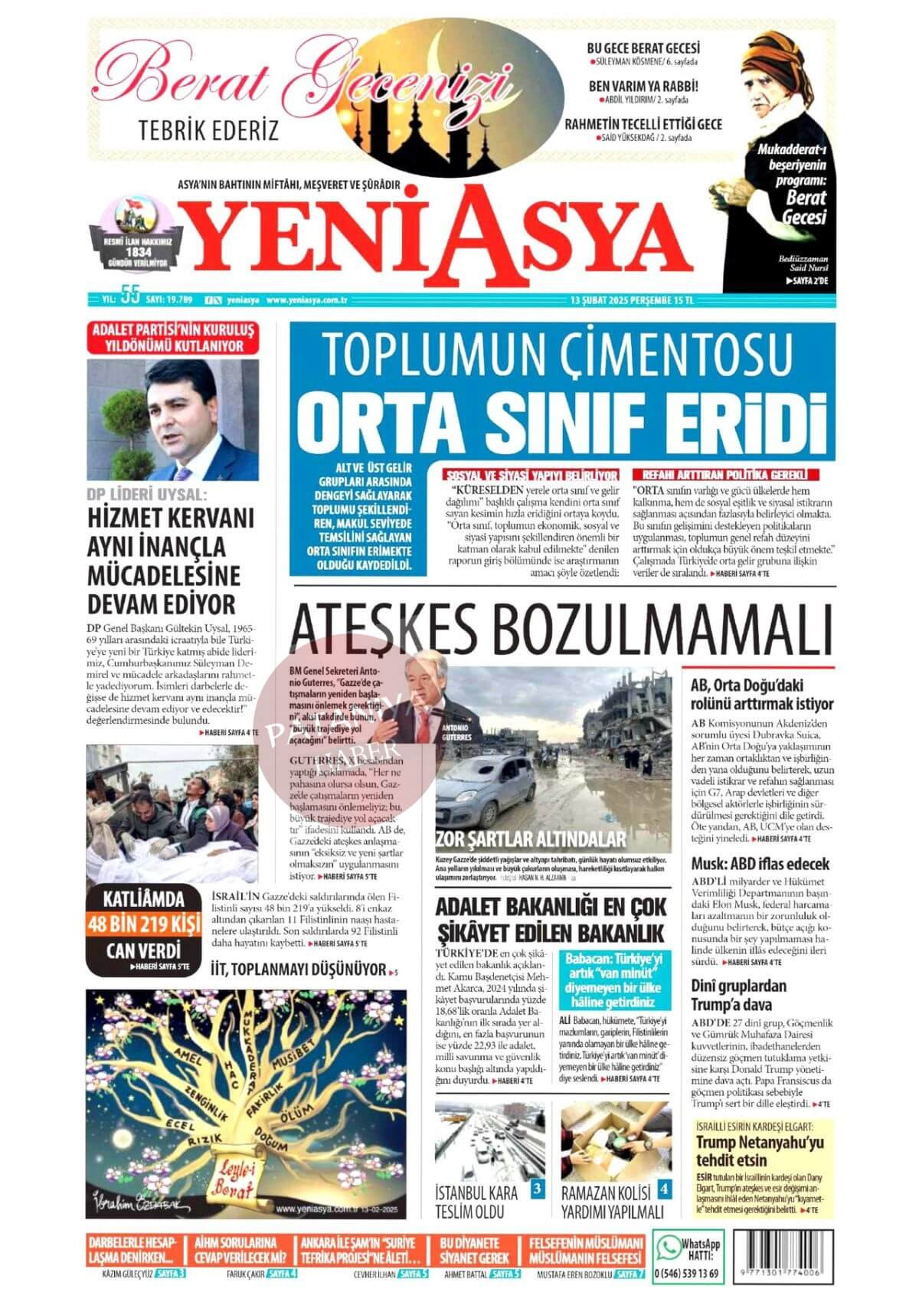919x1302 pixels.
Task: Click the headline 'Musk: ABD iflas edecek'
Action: point(760,864)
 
